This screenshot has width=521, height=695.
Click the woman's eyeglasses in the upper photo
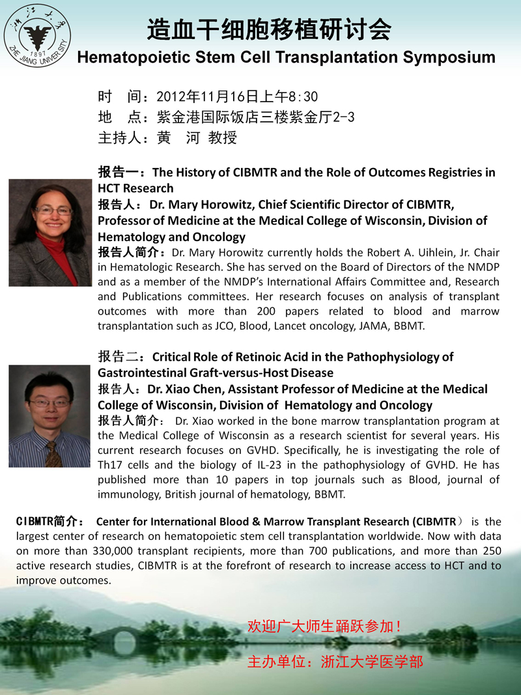pos(53,210)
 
